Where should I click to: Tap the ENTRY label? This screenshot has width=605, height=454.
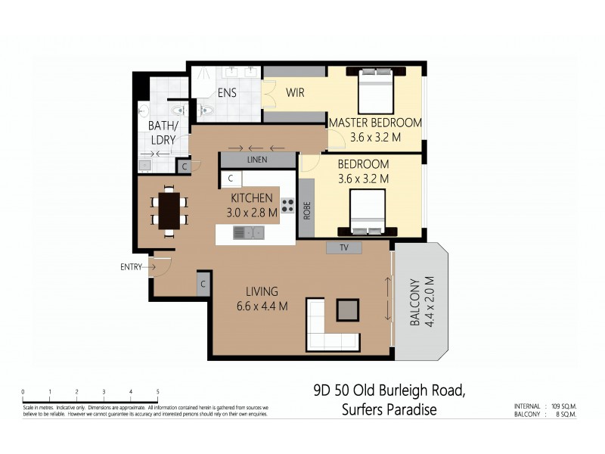point(132,266)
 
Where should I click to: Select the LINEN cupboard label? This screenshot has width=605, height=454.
point(257,160)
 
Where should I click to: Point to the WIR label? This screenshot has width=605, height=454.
point(295,93)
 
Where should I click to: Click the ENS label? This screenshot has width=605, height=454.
point(227,93)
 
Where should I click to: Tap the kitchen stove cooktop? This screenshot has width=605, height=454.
point(287,205)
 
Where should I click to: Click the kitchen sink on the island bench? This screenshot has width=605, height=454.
point(249,232)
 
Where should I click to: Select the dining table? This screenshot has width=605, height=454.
point(170,210)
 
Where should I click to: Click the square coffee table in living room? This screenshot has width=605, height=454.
point(349,310)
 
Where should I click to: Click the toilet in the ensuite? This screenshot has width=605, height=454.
point(206,110)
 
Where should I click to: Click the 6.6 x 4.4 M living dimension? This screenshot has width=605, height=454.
point(261,306)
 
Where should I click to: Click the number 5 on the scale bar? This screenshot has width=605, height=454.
point(157,391)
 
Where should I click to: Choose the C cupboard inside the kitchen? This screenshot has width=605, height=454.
point(230,179)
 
